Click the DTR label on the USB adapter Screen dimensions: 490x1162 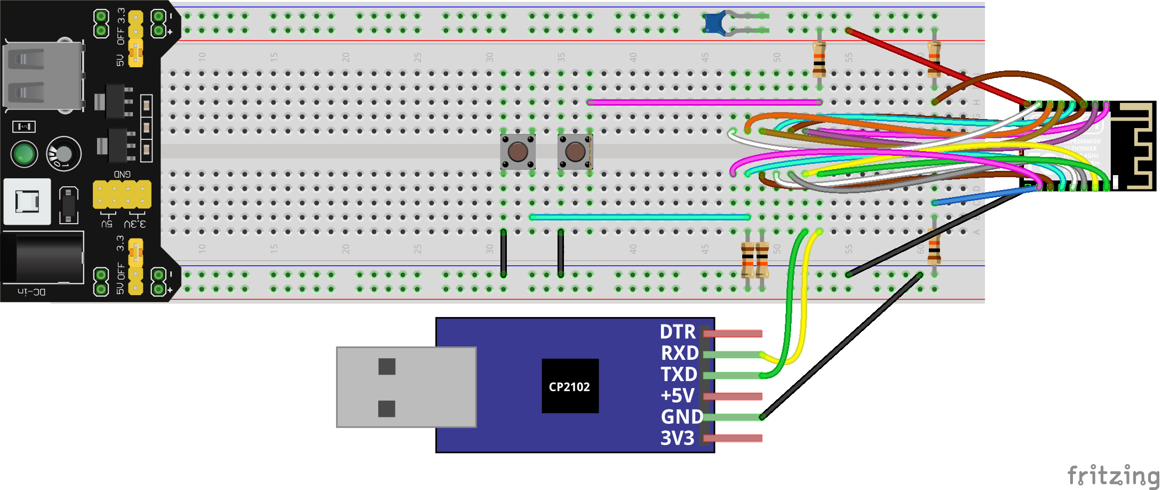(678, 332)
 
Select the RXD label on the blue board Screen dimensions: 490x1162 (679, 353)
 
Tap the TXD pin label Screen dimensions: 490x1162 (679, 375)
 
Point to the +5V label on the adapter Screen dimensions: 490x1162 (677, 396)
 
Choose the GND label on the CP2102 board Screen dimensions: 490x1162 (681, 417)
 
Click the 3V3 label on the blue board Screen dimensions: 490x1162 (677, 438)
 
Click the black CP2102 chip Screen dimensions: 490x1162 (570, 386)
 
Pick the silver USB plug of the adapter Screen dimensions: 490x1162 (405, 387)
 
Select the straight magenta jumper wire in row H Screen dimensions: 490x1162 (704, 102)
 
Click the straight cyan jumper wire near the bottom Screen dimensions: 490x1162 (640, 217)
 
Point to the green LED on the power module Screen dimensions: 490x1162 (24, 154)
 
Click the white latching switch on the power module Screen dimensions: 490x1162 (27, 201)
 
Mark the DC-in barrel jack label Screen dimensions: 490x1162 (31, 292)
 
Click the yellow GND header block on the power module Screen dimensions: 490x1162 (122, 194)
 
